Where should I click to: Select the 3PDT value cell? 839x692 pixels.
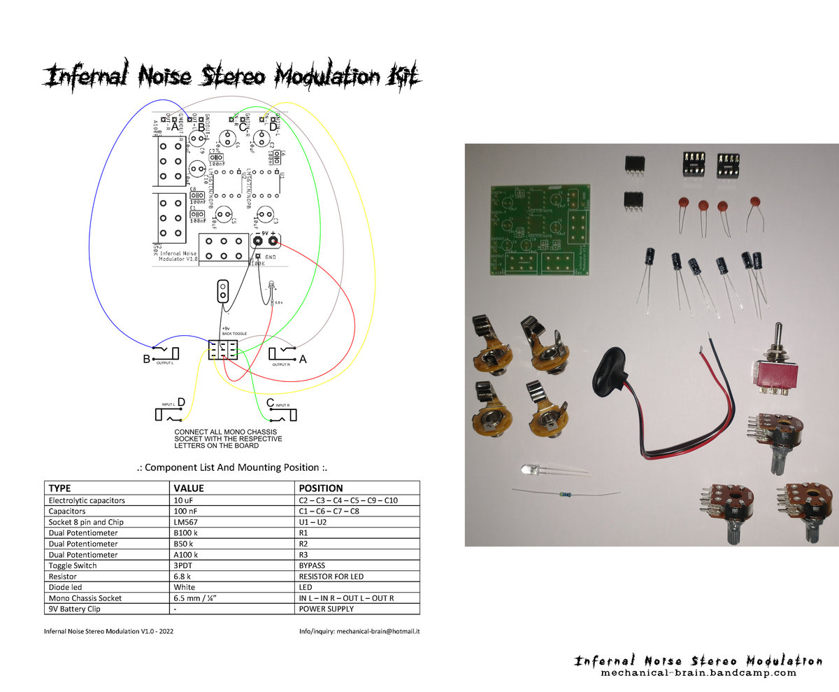click(x=185, y=565)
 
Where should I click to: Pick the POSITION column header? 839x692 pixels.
click(x=321, y=488)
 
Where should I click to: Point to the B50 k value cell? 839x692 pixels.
click(x=186, y=543)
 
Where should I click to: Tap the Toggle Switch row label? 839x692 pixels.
click(x=73, y=565)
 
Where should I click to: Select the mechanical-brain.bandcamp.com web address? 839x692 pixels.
click(x=698, y=673)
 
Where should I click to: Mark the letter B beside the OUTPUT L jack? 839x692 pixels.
click(x=146, y=360)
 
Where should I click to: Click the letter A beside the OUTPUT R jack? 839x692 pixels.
click(x=303, y=360)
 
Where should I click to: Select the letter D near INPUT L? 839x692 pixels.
click(x=181, y=402)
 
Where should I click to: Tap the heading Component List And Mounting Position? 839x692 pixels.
click(x=231, y=467)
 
